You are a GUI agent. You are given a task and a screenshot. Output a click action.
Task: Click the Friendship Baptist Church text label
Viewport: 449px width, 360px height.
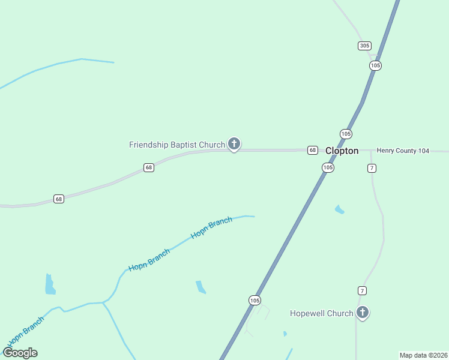point(177,145)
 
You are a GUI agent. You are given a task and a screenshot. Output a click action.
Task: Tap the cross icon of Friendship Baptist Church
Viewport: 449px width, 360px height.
point(234,144)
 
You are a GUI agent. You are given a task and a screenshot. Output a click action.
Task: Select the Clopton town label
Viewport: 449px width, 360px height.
point(342,151)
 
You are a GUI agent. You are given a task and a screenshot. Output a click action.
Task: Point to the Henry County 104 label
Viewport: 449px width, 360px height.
point(403,151)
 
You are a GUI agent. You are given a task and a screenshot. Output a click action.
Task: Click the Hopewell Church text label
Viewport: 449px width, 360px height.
point(322,313)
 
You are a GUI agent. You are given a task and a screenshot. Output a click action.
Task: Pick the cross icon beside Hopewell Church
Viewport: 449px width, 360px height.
point(363,312)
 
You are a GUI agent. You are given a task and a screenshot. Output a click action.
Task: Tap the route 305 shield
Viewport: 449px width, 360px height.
point(364,46)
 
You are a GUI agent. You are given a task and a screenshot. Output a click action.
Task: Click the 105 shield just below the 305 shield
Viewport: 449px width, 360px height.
point(375,65)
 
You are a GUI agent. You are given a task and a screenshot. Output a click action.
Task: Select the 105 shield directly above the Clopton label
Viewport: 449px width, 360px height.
point(345,134)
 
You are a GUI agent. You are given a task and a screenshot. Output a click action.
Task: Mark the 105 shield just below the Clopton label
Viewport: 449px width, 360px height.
point(327,168)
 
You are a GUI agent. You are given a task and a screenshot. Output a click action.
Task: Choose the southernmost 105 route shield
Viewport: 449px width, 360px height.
point(255,300)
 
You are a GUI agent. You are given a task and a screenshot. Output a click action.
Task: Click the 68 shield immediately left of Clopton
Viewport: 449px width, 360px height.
point(313,150)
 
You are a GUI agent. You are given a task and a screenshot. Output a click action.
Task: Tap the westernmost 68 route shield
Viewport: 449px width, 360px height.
point(58,199)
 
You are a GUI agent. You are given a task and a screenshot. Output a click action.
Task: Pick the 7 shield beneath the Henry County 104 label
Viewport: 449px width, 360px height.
point(372,168)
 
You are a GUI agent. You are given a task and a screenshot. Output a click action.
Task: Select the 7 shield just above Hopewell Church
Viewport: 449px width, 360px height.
point(362,290)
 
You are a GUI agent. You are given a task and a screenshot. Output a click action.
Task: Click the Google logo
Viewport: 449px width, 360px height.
point(20,353)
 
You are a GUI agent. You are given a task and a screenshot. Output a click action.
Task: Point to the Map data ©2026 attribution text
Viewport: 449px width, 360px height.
point(424,355)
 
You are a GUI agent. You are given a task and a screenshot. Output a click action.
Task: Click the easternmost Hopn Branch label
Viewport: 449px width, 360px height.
point(211,228)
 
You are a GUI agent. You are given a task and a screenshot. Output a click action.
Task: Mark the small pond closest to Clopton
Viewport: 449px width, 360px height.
point(340,209)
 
